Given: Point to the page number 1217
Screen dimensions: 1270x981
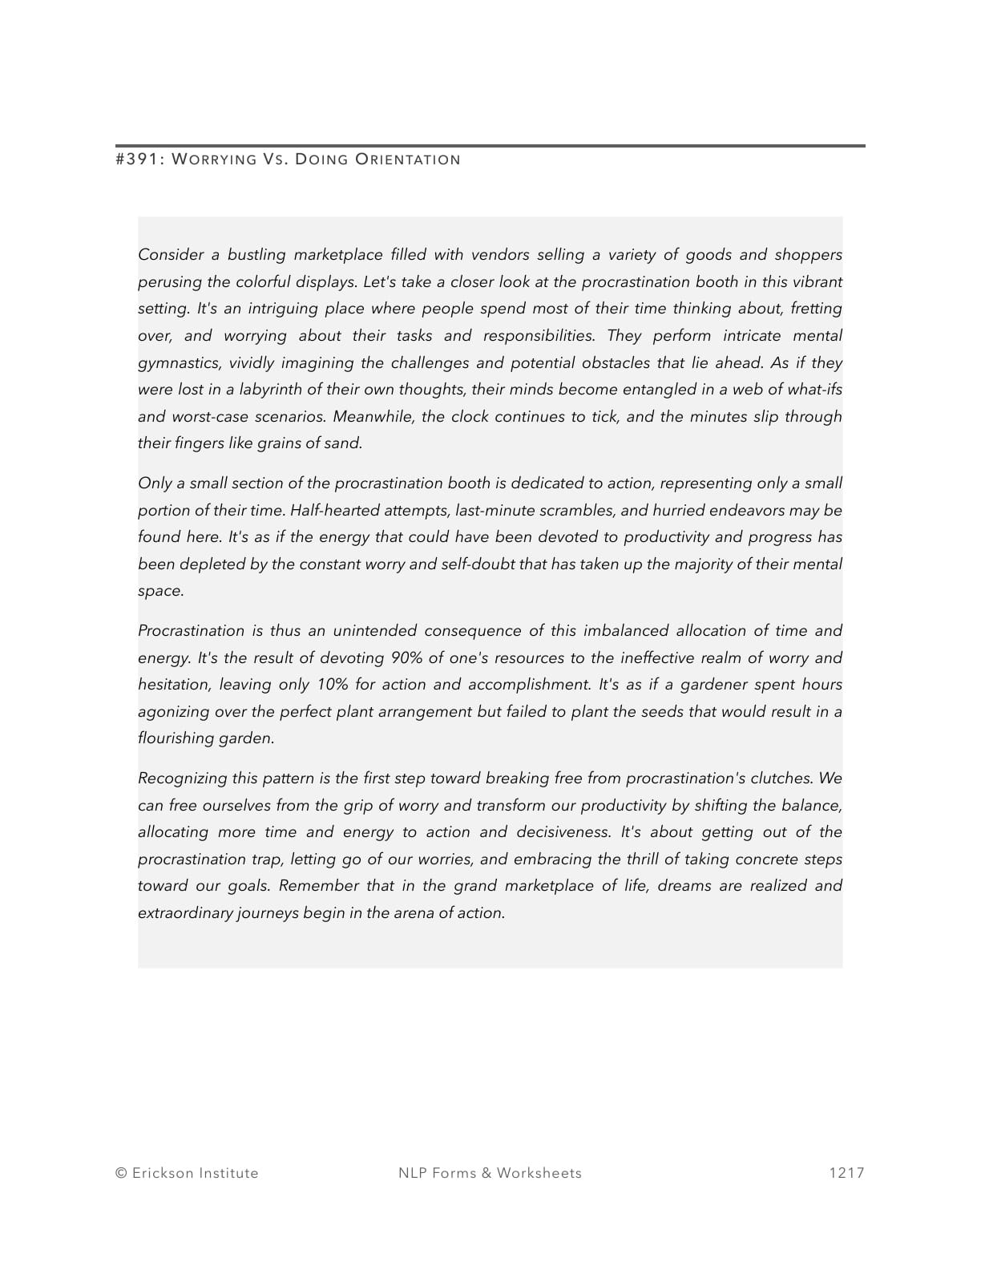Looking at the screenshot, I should (847, 1173).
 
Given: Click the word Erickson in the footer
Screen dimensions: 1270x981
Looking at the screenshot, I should (163, 1173).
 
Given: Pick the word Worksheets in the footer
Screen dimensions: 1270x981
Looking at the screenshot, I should (539, 1173).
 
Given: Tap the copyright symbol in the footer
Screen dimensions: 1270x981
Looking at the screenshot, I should (121, 1173).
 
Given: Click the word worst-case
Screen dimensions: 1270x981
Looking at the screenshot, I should (210, 417).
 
